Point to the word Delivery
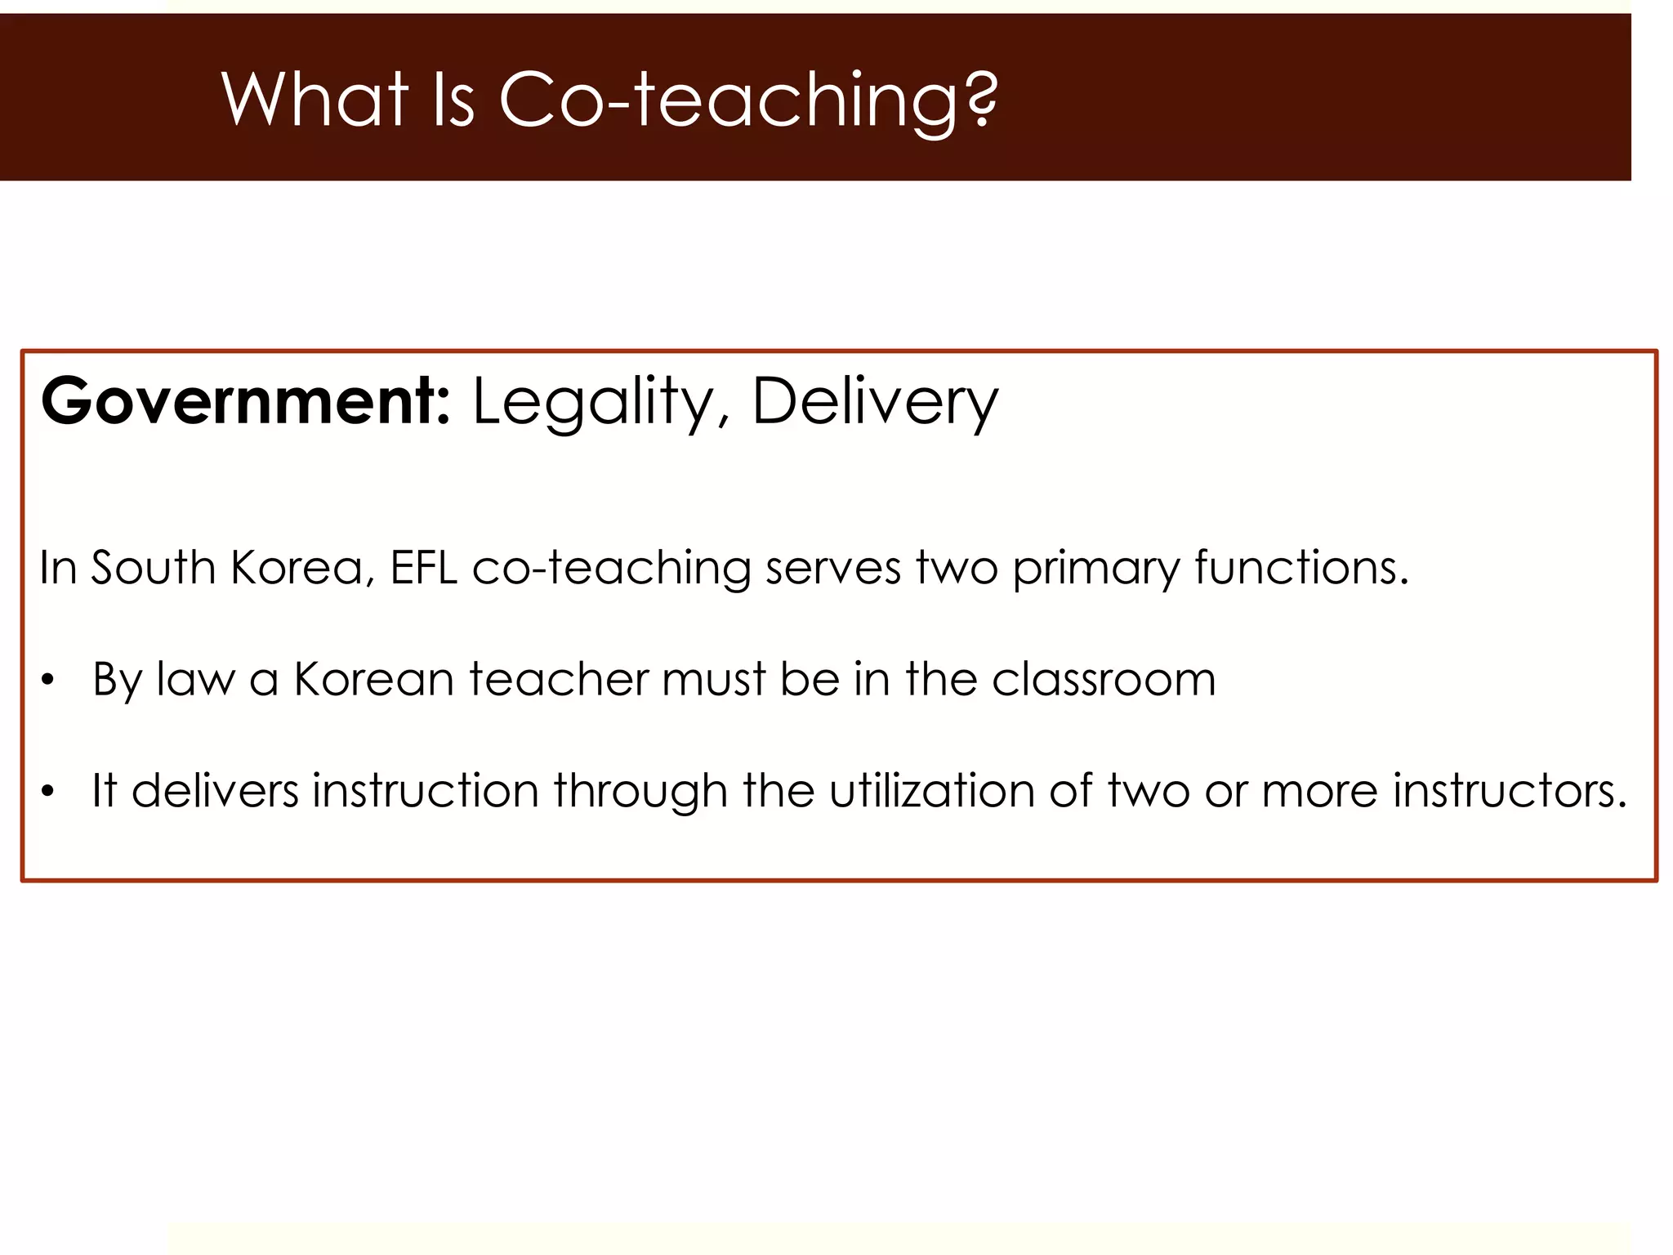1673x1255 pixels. pyautogui.click(x=874, y=401)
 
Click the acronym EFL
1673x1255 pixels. pyautogui.click(x=423, y=567)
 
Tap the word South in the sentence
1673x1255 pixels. pyautogui.click(x=153, y=567)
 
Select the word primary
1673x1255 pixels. pyautogui.click(x=1096, y=569)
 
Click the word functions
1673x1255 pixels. pyautogui.click(x=1302, y=567)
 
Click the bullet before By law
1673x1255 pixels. pyautogui.click(x=48, y=680)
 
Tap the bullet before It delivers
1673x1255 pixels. pyautogui.click(x=48, y=792)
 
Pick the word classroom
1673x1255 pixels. pyautogui.click(x=1104, y=679)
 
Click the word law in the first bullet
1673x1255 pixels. pyautogui.click(x=194, y=679)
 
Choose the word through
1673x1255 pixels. pyautogui.click(x=640, y=792)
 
